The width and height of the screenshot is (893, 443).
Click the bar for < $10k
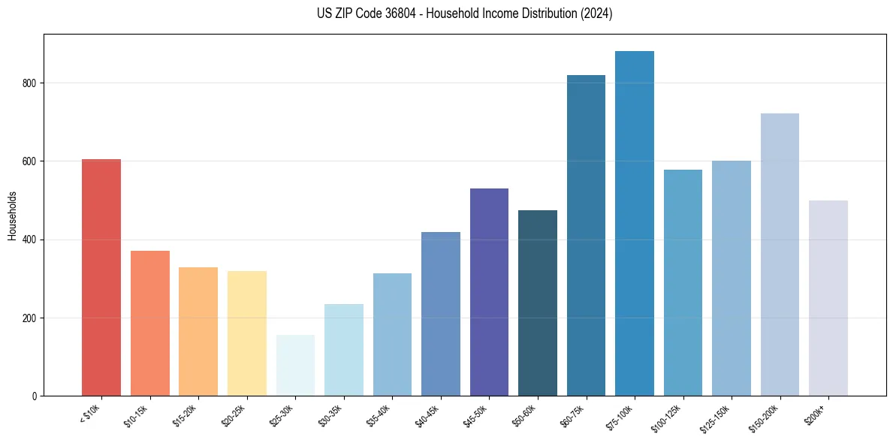101,278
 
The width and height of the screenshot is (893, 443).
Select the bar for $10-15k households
149,324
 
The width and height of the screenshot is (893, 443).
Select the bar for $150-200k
780,255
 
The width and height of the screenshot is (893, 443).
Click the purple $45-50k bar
489,292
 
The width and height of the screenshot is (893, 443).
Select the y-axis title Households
12,215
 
